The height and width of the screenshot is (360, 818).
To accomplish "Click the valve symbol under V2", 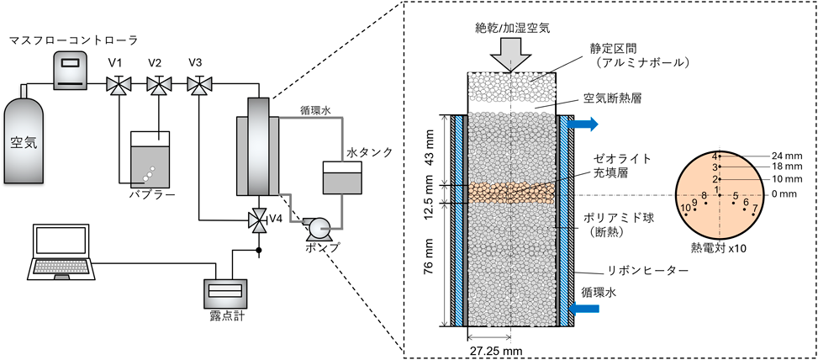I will (x=156, y=84).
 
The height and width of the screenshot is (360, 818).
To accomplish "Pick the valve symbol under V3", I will (x=198, y=84).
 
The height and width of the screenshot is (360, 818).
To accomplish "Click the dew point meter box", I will (x=226, y=291).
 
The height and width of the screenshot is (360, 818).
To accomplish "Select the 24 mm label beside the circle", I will (x=781, y=156).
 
